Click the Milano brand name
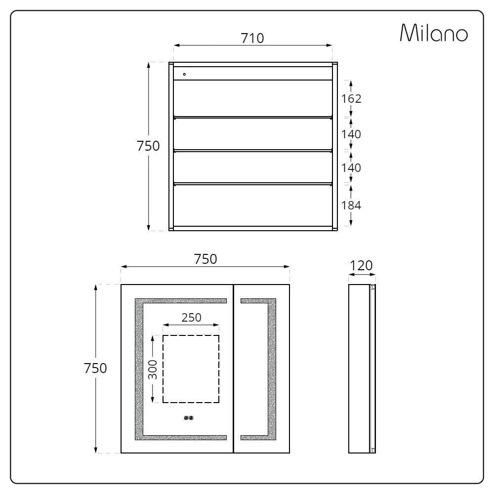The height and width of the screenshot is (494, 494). point(434,33)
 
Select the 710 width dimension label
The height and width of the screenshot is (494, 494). point(252,38)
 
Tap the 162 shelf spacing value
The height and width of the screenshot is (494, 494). point(351,99)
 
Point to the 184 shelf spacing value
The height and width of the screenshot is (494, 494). point(351,206)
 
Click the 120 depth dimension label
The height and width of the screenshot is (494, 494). point(361,266)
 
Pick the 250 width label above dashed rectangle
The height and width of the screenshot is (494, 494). point(191,317)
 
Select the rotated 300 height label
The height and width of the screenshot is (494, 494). point(153,370)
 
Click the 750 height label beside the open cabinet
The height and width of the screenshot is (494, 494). point(148,146)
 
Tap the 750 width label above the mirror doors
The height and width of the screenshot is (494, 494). point(206,259)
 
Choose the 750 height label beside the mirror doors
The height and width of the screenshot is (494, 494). point(95,368)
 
